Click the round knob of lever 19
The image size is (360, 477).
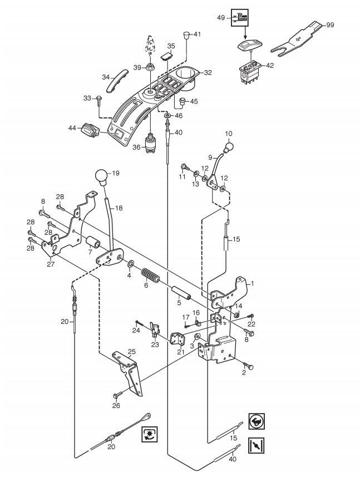(x=102, y=176)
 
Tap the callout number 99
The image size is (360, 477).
(x=330, y=24)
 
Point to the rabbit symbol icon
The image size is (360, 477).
(x=257, y=421)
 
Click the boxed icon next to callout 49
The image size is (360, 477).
(x=240, y=18)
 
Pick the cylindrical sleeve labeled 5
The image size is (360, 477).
(x=181, y=293)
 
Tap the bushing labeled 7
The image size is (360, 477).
(x=93, y=242)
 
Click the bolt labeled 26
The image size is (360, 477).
(x=117, y=395)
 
